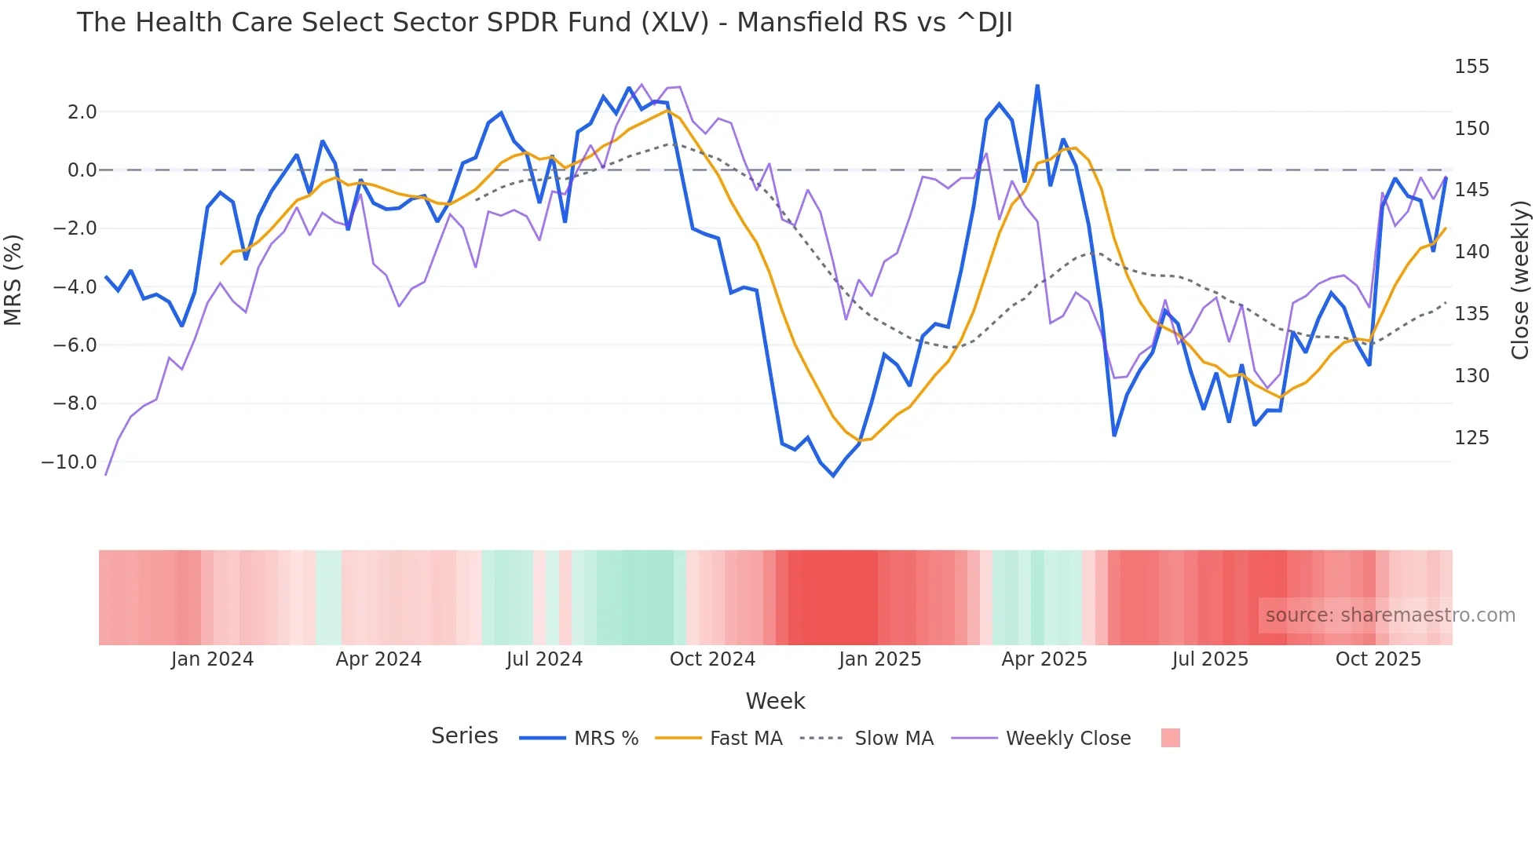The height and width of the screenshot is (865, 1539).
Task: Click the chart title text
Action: (x=544, y=23)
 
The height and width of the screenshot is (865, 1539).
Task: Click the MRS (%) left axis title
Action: (x=13, y=279)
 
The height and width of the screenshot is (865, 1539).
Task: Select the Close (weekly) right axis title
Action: (x=1520, y=279)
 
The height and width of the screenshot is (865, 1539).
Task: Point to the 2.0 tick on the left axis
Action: (x=82, y=112)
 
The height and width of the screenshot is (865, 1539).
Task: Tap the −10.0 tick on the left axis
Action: (x=69, y=462)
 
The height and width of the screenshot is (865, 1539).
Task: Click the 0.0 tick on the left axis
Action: (x=82, y=170)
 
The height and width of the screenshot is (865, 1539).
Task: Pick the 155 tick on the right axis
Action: (x=1471, y=67)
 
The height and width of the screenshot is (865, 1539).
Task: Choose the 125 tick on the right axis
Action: (x=1471, y=438)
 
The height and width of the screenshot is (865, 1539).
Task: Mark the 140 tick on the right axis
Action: (x=1471, y=252)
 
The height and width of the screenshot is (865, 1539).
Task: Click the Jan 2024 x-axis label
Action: (x=212, y=659)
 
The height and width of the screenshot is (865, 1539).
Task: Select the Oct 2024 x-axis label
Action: (x=712, y=659)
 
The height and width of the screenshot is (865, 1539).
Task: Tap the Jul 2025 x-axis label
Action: (x=1210, y=659)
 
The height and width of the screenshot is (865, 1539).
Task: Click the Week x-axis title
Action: (x=775, y=701)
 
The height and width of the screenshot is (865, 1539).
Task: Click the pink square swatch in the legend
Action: (x=1170, y=738)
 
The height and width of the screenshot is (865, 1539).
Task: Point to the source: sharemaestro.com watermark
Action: (x=1390, y=615)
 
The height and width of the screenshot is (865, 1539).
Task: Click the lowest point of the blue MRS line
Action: (x=833, y=476)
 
